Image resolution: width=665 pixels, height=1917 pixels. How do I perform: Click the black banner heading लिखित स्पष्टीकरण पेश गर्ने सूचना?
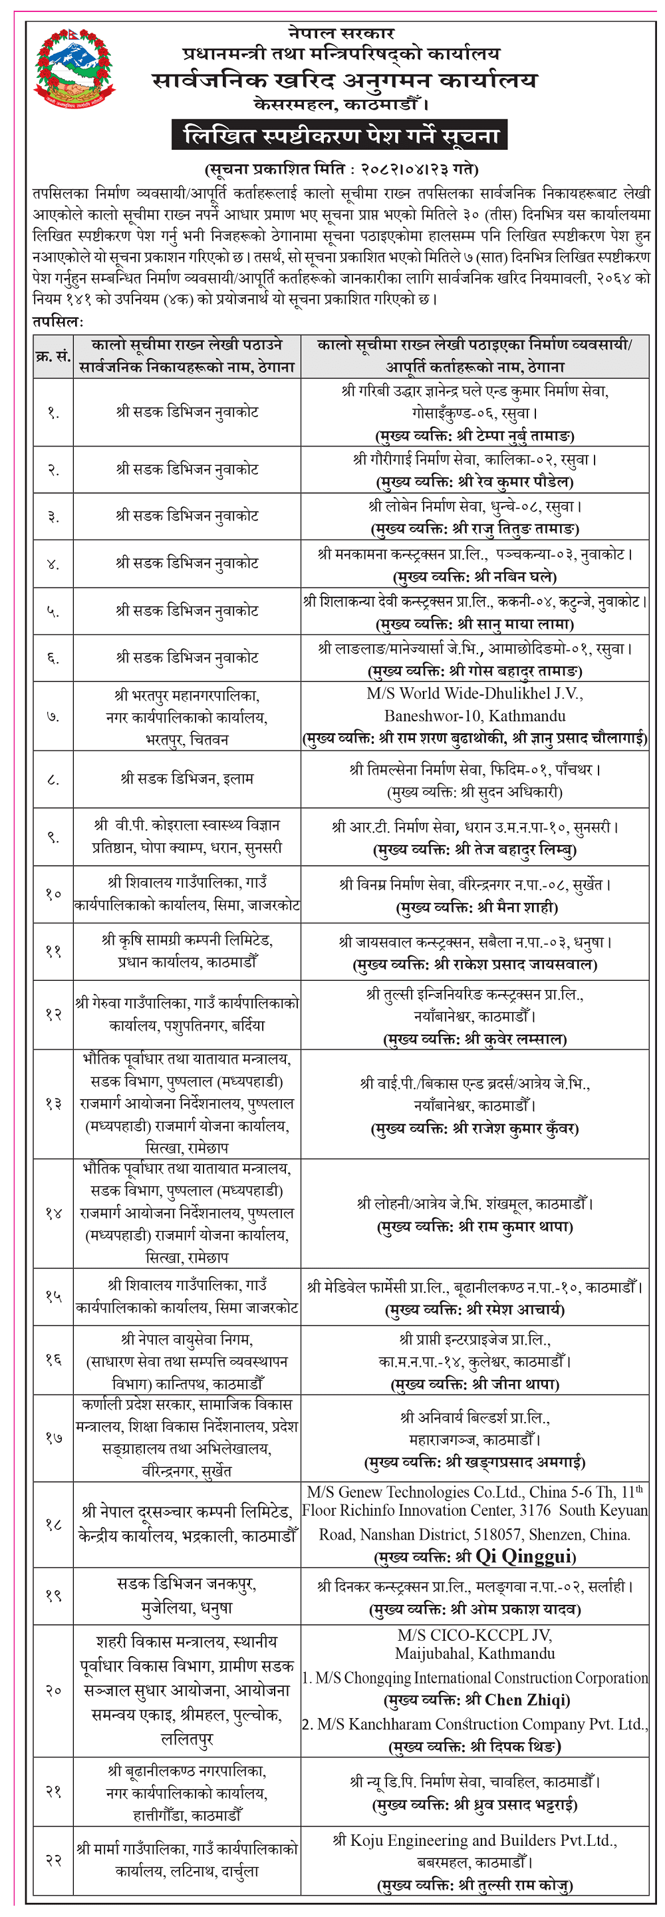tap(341, 136)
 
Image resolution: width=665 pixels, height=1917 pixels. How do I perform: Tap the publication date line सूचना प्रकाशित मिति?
tap(341, 169)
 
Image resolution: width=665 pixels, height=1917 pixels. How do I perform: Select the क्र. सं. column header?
tap(53, 356)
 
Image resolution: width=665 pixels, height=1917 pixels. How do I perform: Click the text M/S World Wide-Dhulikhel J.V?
tap(475, 693)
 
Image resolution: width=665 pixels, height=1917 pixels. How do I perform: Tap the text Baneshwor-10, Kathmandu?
tap(475, 716)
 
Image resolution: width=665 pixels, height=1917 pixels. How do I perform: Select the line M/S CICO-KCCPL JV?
tap(475, 1635)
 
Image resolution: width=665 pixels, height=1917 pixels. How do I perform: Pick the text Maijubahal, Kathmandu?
tap(475, 1654)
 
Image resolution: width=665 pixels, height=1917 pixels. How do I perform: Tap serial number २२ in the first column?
tap(53, 1860)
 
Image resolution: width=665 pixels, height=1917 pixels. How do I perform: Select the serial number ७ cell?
tap(53, 717)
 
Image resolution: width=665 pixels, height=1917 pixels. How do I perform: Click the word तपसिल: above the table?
tap(58, 321)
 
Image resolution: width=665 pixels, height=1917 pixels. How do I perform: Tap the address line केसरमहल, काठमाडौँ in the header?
tap(341, 105)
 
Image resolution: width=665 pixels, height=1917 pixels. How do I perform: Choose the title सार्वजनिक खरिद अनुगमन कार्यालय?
tap(344, 80)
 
